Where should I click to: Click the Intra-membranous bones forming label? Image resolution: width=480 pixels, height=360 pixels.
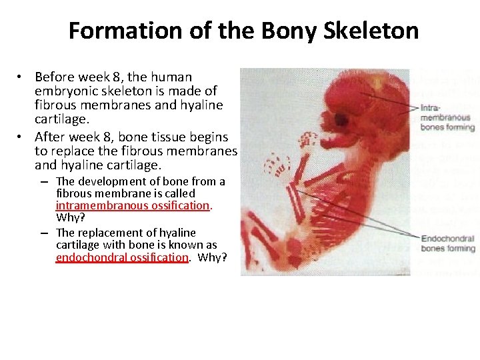[x=447, y=117]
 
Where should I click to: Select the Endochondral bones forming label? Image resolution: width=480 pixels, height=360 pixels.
[x=447, y=243]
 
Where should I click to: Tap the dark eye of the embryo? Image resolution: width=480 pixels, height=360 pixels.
[x=343, y=120]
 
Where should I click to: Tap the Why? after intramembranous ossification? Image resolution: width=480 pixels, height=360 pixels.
[x=71, y=218]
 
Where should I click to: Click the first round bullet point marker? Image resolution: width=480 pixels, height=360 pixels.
[x=22, y=78]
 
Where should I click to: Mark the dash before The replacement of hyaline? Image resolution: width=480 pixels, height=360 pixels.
[x=43, y=233]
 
